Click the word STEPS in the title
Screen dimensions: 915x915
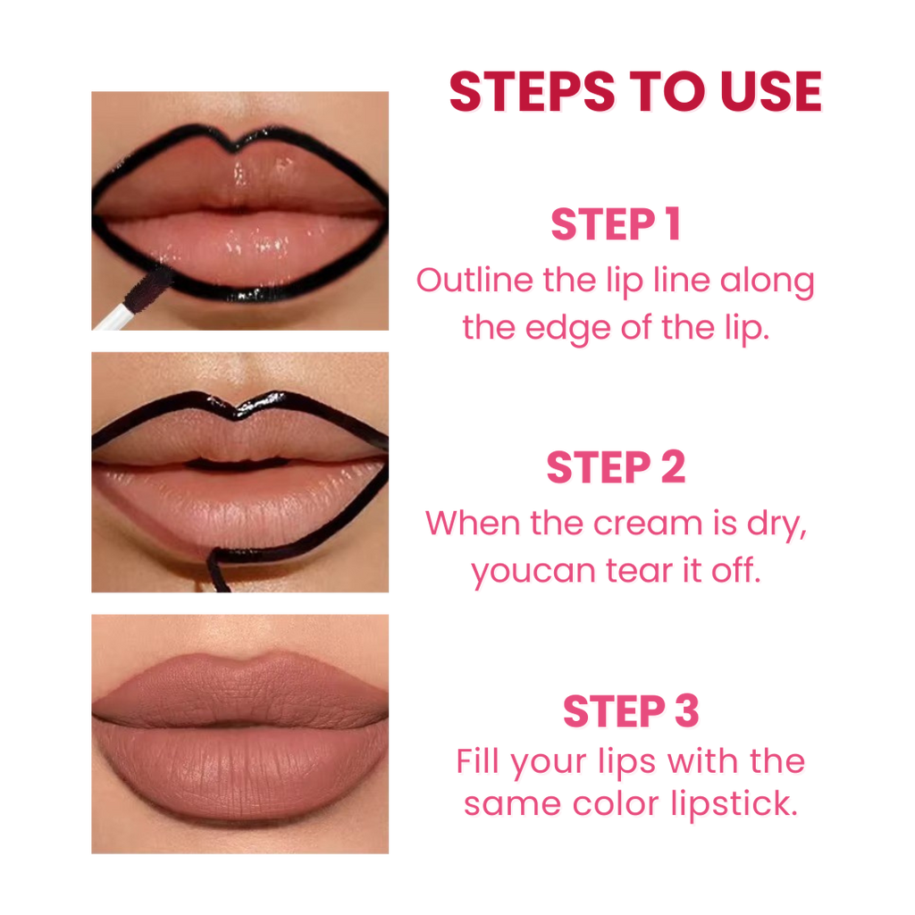[532, 91]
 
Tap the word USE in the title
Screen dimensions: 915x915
[771, 91]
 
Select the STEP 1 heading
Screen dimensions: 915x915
[616, 224]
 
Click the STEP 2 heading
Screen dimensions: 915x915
[616, 467]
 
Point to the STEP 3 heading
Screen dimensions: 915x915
[631, 711]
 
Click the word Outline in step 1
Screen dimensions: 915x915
[474, 280]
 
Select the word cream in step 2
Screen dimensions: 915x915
[648, 524]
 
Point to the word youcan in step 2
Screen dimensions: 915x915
[533, 572]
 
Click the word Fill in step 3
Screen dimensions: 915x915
[477, 761]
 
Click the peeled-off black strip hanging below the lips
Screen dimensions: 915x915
[216, 571]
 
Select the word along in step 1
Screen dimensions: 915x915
[767, 281]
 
